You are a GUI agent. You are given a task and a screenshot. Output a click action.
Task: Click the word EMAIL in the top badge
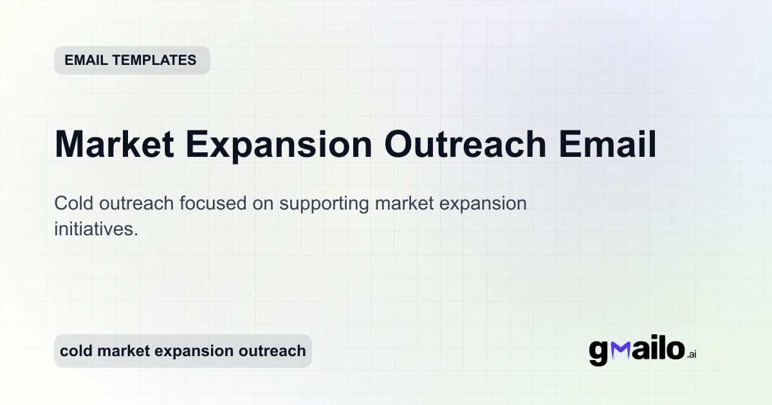pos(86,60)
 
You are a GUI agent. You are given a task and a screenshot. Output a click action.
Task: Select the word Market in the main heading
pos(115,145)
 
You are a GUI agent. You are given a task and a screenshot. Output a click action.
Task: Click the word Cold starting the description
pos(72,204)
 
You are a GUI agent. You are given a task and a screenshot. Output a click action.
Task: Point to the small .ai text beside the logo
pos(692,354)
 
